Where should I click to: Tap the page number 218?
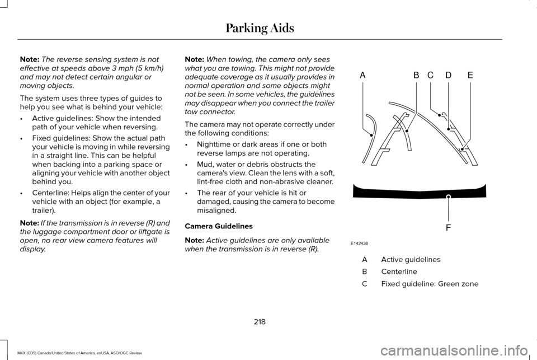click(x=260, y=322)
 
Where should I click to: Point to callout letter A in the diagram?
click(x=362, y=75)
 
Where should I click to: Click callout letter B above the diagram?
click(x=416, y=75)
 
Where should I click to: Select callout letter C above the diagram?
click(x=431, y=75)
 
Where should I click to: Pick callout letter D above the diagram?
click(x=449, y=75)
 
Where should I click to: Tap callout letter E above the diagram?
click(x=470, y=75)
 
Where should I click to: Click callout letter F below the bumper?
click(x=448, y=228)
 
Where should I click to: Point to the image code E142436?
click(x=359, y=244)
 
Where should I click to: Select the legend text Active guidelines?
click(x=411, y=260)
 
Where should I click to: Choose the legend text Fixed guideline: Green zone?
click(x=430, y=284)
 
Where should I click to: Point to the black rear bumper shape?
click(x=420, y=193)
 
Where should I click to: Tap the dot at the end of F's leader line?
click(x=448, y=197)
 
